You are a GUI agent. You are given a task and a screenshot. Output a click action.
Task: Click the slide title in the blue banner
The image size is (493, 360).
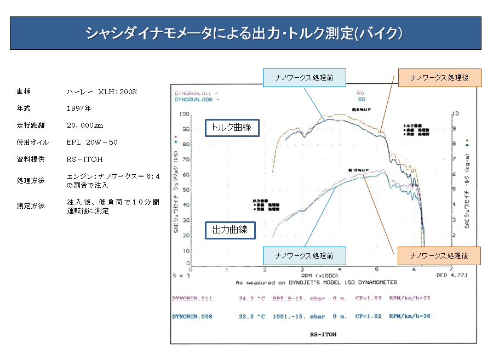[x=245, y=33]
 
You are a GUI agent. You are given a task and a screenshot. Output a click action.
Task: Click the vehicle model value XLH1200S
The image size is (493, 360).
[x=102, y=92]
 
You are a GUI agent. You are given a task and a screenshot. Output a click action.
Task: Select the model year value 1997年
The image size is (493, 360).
[x=79, y=108]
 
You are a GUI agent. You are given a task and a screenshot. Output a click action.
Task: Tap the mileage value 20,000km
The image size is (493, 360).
[x=85, y=125]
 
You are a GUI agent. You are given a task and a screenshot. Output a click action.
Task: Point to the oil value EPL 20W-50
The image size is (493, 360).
[x=92, y=142]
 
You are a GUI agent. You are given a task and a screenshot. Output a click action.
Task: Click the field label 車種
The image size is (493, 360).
[x=23, y=92]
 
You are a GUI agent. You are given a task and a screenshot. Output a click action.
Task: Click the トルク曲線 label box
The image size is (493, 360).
[x=232, y=128]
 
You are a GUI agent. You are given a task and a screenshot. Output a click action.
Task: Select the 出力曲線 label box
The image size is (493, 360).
[x=230, y=230]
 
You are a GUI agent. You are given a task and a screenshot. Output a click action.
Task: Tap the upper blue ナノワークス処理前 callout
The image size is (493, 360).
[x=305, y=78]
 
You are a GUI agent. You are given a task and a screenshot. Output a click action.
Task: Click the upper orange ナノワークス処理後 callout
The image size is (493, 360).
[x=439, y=78]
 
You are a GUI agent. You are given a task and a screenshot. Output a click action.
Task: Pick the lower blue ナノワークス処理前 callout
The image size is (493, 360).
[x=305, y=256]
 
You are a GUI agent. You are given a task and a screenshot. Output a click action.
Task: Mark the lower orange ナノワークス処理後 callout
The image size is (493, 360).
[x=438, y=256]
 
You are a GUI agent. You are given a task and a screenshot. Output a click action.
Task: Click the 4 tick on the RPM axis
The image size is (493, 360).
[x=339, y=270]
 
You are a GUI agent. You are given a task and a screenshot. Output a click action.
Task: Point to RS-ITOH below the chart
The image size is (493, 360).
[x=323, y=334]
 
